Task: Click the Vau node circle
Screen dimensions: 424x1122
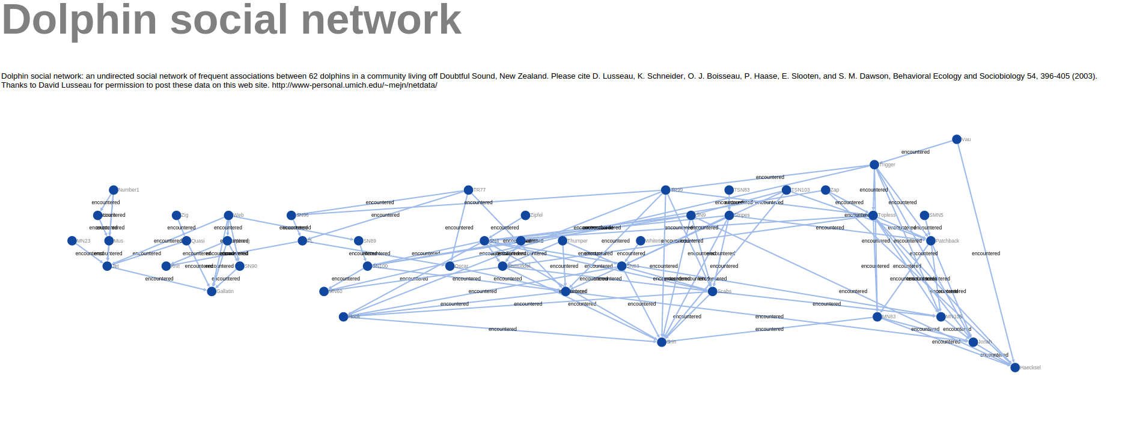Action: (x=957, y=139)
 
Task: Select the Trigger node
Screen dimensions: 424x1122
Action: (x=874, y=165)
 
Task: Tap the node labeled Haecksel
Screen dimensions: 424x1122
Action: (x=1015, y=368)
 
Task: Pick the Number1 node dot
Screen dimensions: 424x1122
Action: (x=114, y=190)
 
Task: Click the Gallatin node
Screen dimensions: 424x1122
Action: (x=212, y=291)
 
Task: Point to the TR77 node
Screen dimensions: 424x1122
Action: (x=468, y=190)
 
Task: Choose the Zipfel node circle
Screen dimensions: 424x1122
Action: (x=525, y=215)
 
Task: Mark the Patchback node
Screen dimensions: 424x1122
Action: (x=931, y=241)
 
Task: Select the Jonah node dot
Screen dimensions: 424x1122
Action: (x=973, y=342)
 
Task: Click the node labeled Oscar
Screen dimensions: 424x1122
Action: (x=450, y=266)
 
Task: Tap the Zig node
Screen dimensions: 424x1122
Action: (x=177, y=215)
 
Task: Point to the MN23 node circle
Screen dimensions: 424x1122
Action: (x=72, y=241)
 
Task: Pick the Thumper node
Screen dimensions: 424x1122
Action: (x=563, y=241)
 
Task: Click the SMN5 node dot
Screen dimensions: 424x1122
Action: (x=924, y=215)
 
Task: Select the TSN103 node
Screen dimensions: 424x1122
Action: (x=786, y=190)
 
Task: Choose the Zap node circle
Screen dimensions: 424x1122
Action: (x=826, y=190)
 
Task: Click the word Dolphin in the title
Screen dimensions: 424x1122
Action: (x=79, y=20)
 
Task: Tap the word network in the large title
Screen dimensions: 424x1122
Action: (x=380, y=20)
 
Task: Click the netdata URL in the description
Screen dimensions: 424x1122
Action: (x=355, y=85)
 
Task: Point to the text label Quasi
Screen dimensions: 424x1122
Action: (x=198, y=241)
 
